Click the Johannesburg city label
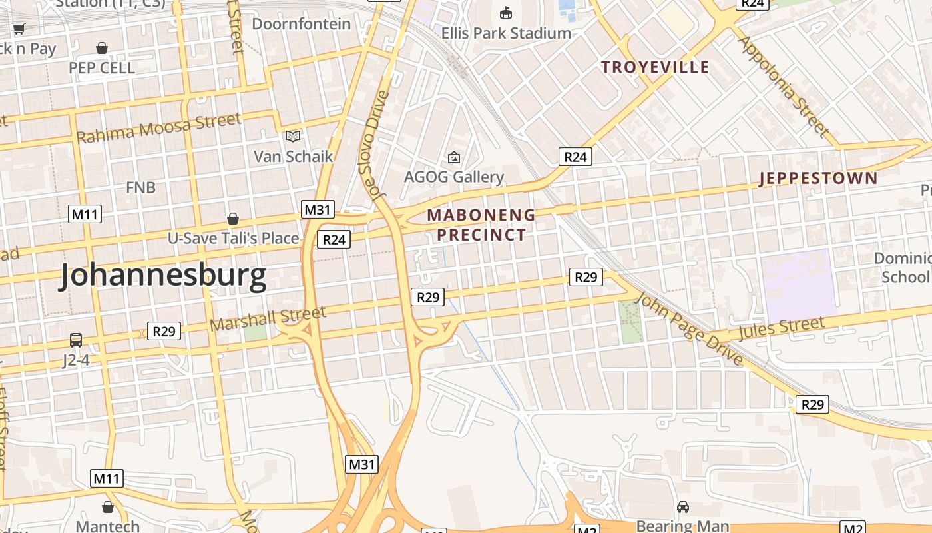[163, 276]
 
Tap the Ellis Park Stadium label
[506, 33]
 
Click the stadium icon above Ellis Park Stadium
[506, 13]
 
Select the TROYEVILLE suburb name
[655, 67]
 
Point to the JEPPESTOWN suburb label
[818, 178]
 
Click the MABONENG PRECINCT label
[481, 225]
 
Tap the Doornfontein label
[301, 24]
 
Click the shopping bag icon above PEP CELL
[102, 48]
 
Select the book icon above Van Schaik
[293, 137]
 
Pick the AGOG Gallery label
[454, 177]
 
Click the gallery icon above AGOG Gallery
[454, 157]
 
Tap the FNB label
[140, 187]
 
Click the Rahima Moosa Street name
[158, 128]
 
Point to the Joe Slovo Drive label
[377, 145]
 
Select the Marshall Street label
[268, 318]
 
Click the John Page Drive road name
[688, 328]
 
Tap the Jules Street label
[780, 328]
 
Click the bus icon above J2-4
[76, 340]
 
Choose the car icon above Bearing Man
[682, 507]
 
